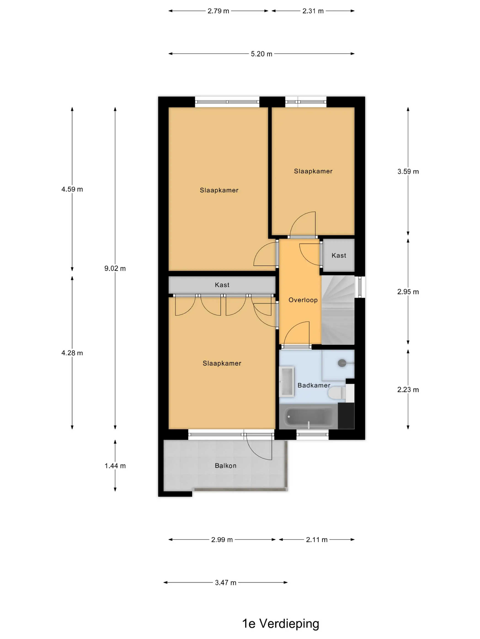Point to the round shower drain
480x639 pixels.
342,363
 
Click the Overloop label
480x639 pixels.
303,300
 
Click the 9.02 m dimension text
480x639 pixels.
115,268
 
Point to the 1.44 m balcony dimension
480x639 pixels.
115,466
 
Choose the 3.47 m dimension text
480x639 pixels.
225,583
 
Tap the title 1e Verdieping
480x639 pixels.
280,624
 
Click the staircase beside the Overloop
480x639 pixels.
338,310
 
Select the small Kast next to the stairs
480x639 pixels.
339,255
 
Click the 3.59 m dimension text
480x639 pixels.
408,172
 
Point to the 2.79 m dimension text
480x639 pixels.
218,11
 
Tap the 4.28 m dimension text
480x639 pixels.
72,353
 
